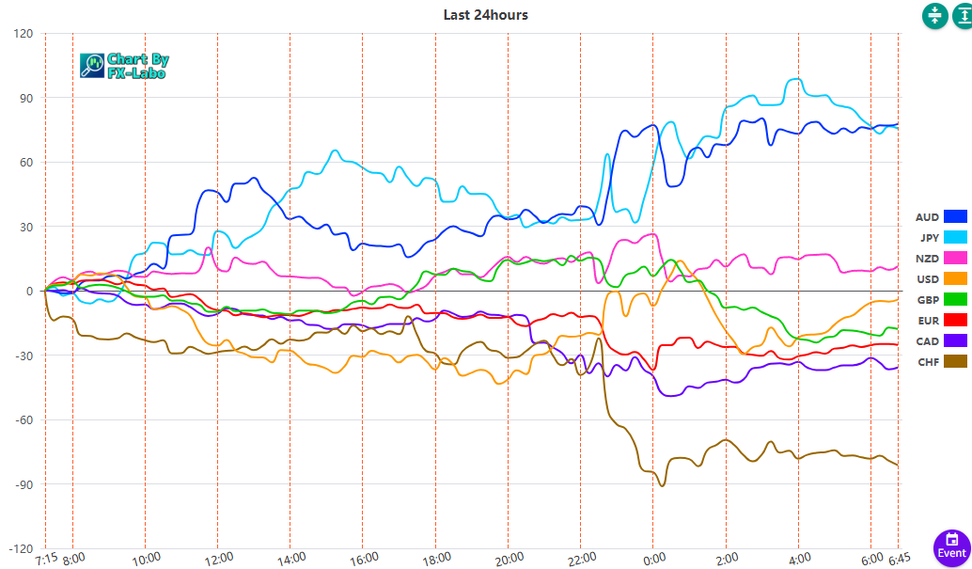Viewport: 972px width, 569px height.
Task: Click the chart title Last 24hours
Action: tap(485, 15)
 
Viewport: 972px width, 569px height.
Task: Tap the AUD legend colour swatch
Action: tap(955, 217)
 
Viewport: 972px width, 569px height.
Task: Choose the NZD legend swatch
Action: tap(955, 258)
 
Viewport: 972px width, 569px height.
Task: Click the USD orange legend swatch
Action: tap(955, 278)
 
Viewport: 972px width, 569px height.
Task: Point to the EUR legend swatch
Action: tap(955, 320)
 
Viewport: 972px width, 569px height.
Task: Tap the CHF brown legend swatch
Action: tap(955, 361)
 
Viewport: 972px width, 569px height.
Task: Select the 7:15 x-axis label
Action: tap(46, 559)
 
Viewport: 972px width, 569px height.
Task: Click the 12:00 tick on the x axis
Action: tap(219, 559)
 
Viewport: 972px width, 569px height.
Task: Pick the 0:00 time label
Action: tap(654, 559)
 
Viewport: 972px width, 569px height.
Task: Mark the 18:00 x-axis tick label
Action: tap(436, 559)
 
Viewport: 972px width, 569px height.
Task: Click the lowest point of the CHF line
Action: tap(662, 485)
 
